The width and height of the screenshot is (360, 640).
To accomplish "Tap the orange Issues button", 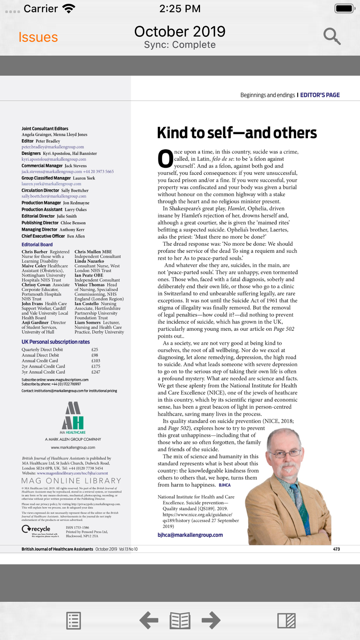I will [38, 37].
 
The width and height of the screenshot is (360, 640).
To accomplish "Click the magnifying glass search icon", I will [332, 36].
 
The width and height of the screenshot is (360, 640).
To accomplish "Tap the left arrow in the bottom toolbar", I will [149, 620].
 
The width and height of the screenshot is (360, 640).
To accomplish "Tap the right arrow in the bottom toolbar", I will [211, 620].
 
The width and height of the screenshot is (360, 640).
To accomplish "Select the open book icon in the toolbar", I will [180, 621].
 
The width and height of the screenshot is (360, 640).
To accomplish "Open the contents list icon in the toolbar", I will [73, 621].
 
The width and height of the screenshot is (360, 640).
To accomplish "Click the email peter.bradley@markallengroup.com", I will [53, 147].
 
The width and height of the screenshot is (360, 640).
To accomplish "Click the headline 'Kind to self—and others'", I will [237, 133].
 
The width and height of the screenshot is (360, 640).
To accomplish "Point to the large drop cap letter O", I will [165, 159].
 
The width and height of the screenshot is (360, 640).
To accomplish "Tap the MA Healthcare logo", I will [73, 418].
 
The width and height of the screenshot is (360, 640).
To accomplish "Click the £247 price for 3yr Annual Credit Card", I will [96, 372].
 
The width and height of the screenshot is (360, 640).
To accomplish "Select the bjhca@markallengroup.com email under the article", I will [190, 535].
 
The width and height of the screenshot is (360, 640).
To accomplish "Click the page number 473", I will [336, 549].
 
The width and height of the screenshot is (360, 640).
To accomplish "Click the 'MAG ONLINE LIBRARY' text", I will [71, 481].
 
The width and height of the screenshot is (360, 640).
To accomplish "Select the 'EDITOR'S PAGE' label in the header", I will [320, 95].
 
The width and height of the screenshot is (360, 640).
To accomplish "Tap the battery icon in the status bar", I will [345, 8].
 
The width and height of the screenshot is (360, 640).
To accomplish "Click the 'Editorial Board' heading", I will [37, 244].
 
